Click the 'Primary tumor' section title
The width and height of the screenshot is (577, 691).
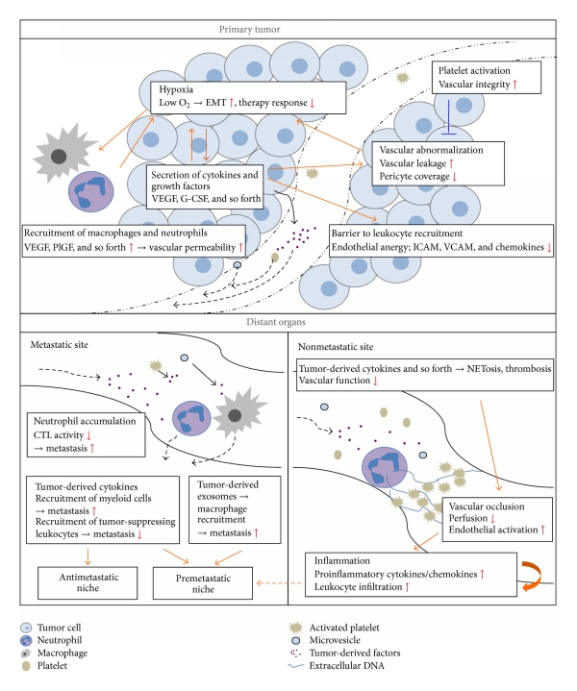(288, 30)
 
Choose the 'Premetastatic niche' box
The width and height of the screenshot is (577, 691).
(206, 582)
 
